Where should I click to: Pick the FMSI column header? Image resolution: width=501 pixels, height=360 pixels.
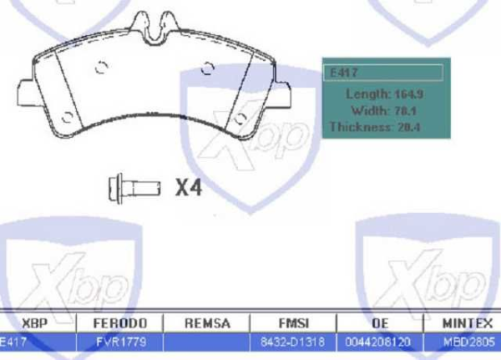pyautogui.click(x=292, y=322)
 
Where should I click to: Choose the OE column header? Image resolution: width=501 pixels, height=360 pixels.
pyautogui.click(x=377, y=322)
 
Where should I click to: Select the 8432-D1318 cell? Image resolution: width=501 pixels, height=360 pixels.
pyautogui.click(x=292, y=341)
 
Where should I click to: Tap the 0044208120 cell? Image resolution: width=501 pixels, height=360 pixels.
pyautogui.click(x=377, y=341)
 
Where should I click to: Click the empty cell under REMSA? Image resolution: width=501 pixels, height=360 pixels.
pyautogui.click(x=207, y=341)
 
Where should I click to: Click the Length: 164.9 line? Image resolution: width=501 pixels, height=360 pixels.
pyautogui.click(x=386, y=94)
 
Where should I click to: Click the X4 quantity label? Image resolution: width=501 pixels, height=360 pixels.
pyautogui.click(x=189, y=188)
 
